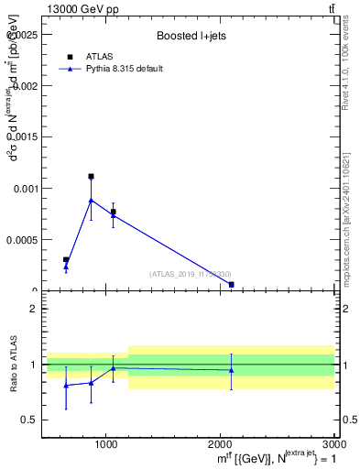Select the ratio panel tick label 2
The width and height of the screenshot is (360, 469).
[33, 309]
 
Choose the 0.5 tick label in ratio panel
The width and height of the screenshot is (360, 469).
[29, 420]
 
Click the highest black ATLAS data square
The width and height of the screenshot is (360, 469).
[91, 176]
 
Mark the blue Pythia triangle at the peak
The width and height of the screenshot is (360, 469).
[91, 200]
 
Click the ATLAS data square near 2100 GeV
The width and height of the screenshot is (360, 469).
[232, 285]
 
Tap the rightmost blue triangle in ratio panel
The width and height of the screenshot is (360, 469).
[232, 370]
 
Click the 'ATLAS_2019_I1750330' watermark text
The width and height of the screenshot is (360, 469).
[191, 274]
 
